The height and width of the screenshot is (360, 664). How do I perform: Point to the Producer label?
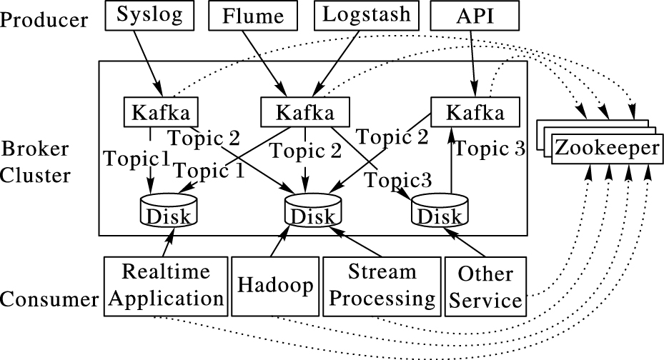[44, 19]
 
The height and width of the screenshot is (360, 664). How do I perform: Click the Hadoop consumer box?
[274, 286]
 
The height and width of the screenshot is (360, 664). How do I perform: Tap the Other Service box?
[484, 286]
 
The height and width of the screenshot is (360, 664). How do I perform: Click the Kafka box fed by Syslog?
[160, 112]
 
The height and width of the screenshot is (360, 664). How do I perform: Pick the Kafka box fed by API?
[468, 113]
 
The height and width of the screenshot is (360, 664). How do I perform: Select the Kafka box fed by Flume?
[305, 112]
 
